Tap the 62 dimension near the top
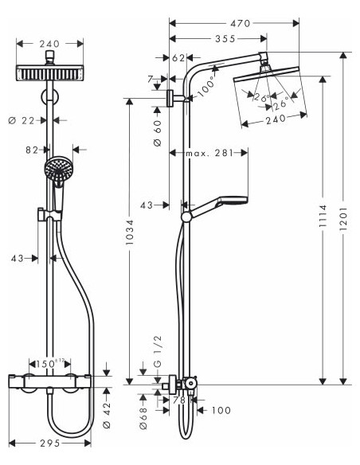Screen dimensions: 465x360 tap(178, 58)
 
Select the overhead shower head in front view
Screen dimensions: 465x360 tap(50, 73)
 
